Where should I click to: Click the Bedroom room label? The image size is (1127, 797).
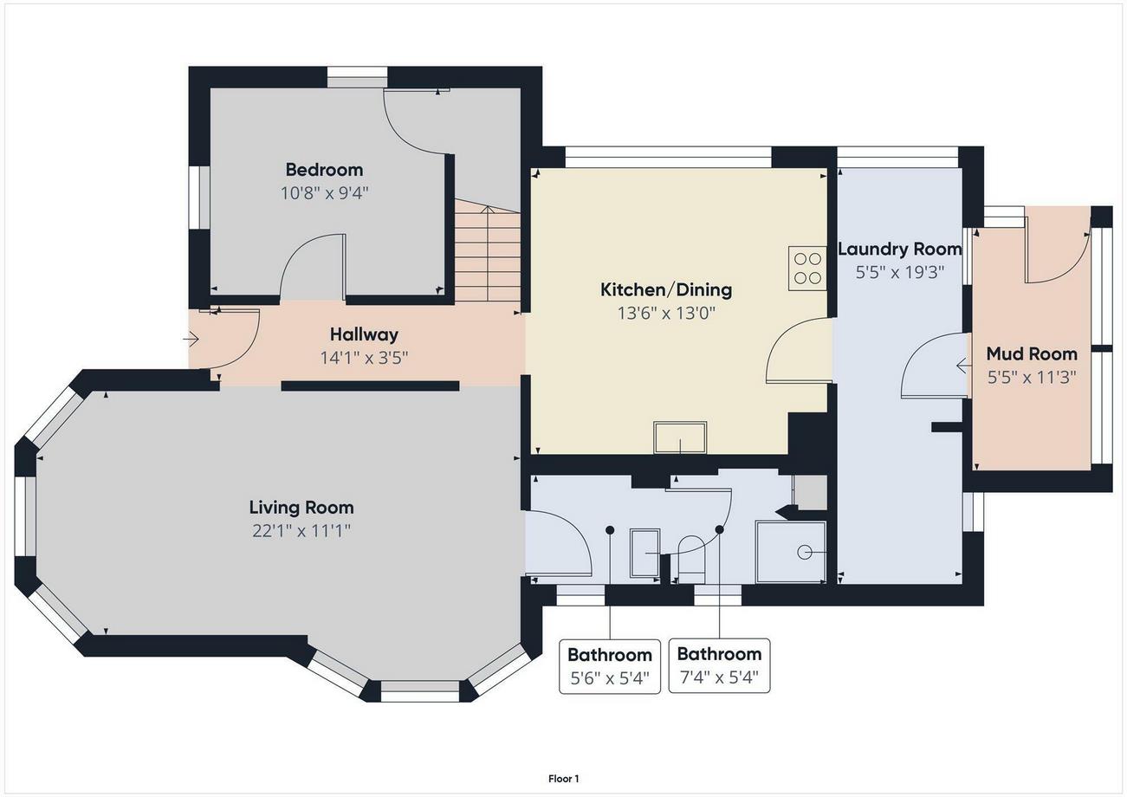point(325,170)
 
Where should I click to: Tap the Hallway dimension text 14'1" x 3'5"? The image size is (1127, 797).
point(365,358)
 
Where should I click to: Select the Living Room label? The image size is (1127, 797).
point(301,507)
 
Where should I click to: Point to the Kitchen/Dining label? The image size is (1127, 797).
point(666,290)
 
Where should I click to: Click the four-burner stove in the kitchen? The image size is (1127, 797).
point(807,269)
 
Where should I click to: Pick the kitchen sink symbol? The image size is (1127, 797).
point(680,437)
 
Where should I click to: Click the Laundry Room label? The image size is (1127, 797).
point(899,249)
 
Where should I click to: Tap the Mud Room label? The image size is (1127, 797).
point(1032,353)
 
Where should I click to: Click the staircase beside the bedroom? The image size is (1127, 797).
point(488,250)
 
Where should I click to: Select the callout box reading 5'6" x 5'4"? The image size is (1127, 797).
point(610,666)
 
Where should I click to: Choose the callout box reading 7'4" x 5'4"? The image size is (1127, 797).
point(720,665)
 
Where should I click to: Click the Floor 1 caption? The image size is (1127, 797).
point(563,779)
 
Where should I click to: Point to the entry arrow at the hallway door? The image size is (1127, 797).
point(191,340)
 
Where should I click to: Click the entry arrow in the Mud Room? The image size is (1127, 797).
point(963,366)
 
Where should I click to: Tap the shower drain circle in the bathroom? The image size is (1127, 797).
point(804,553)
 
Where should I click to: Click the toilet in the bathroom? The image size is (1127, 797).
point(692,559)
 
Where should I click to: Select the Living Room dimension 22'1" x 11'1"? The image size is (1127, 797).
point(301,531)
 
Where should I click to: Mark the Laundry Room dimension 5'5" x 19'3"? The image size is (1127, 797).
point(899,273)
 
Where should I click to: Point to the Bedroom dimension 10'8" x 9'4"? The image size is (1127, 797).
point(325,192)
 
